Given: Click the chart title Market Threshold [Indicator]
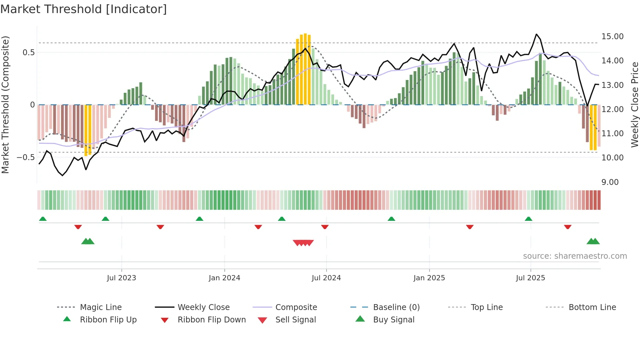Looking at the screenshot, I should click(x=84, y=9).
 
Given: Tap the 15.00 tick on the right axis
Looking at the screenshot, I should click(x=612, y=37).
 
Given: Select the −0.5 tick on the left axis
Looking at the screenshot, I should click(x=25, y=157).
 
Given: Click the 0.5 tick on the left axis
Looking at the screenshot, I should click(x=28, y=53).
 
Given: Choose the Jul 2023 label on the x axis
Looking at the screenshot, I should click(x=121, y=278).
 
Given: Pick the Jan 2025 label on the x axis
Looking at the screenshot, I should click(x=429, y=278).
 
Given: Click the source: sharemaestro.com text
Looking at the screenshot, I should click(x=575, y=256).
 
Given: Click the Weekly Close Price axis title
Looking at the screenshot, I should click(x=634, y=105).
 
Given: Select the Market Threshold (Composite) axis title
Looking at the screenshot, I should click(x=5, y=105).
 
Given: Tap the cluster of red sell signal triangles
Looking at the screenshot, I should click(x=303, y=243).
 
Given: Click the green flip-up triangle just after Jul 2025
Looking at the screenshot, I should click(x=528, y=219).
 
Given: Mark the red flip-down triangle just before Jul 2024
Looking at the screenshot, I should click(x=325, y=227).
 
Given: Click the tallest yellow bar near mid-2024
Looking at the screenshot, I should click(x=305, y=69).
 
